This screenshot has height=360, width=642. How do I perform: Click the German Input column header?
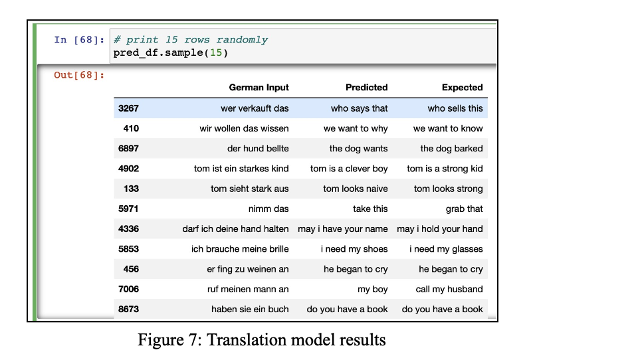click(x=259, y=88)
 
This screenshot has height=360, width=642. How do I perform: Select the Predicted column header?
click(x=366, y=88)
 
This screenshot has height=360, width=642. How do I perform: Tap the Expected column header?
click(x=463, y=88)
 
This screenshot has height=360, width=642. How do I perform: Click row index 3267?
click(x=128, y=108)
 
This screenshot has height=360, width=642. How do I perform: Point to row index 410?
click(x=131, y=128)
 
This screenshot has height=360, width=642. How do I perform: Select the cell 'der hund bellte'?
click(x=258, y=149)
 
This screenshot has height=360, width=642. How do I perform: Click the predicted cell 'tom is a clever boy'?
click(x=349, y=169)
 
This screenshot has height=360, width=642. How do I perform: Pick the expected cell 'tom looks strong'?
click(x=449, y=189)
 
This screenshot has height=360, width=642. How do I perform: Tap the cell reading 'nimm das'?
click(x=268, y=209)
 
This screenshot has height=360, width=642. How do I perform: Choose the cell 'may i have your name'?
click(x=343, y=228)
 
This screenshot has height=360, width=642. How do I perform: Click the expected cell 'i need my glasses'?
click(x=447, y=248)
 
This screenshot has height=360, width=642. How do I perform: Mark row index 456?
click(x=131, y=269)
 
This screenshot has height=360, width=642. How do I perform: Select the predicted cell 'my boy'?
click(x=373, y=289)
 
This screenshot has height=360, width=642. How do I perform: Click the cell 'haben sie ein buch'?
click(x=250, y=310)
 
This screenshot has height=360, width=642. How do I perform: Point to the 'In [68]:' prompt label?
click(x=79, y=40)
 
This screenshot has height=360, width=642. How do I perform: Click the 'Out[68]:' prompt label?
click(x=79, y=75)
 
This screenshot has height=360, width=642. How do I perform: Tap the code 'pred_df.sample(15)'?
click(x=171, y=52)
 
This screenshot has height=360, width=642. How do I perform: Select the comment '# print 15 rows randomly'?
click(x=191, y=40)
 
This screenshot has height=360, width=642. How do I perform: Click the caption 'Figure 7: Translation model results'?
click(x=262, y=340)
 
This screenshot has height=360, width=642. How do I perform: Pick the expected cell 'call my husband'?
click(x=449, y=289)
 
